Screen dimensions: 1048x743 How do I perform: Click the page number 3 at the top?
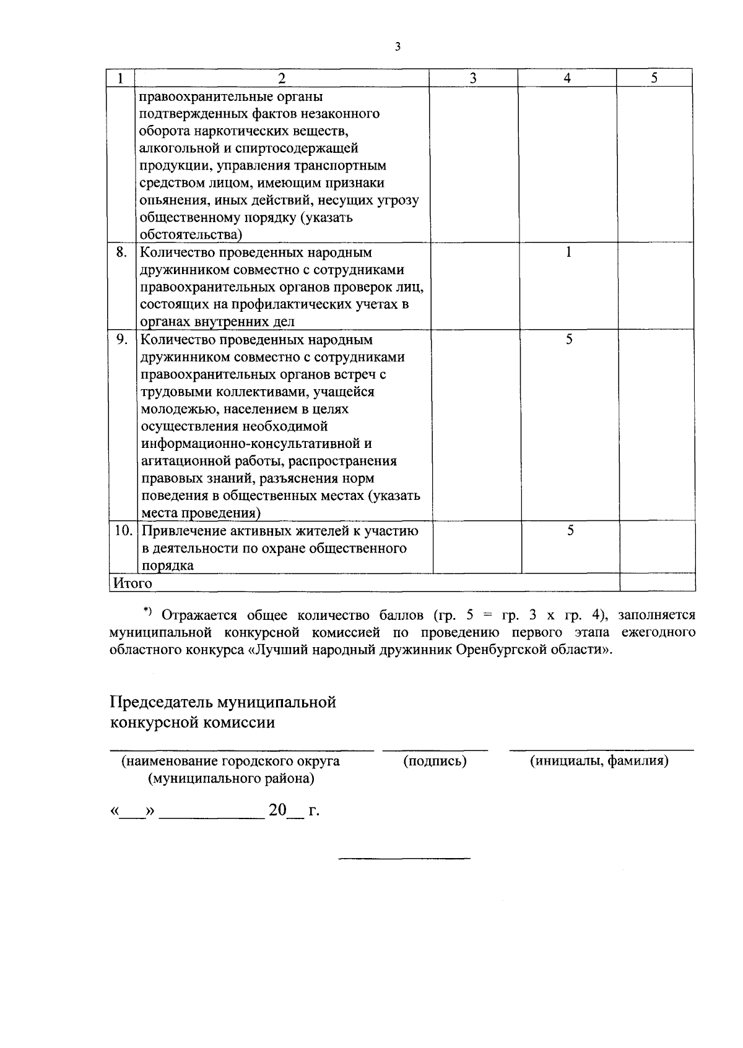tap(397, 47)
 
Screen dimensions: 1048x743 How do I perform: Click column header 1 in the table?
tap(120, 78)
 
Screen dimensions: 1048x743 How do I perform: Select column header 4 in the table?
tap(567, 78)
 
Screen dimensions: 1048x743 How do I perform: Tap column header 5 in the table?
tap(654, 78)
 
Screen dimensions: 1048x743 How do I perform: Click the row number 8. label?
tap(122, 252)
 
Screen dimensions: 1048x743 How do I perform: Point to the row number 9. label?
tap(123, 340)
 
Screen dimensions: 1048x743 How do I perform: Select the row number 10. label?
tap(123, 531)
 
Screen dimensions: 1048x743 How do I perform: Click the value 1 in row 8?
tap(568, 252)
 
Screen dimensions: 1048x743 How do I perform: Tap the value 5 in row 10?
tap(570, 531)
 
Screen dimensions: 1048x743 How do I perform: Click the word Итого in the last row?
tap(132, 583)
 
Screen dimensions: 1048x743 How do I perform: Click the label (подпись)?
tap(435, 762)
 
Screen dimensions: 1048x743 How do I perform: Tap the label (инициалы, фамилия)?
tap(599, 762)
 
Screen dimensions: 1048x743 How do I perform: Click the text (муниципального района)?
tap(231, 779)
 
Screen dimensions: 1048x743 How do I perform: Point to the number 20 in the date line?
tap(277, 810)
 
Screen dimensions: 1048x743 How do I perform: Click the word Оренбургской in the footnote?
tap(497, 650)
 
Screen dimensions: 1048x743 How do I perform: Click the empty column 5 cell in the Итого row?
tap(658, 583)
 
